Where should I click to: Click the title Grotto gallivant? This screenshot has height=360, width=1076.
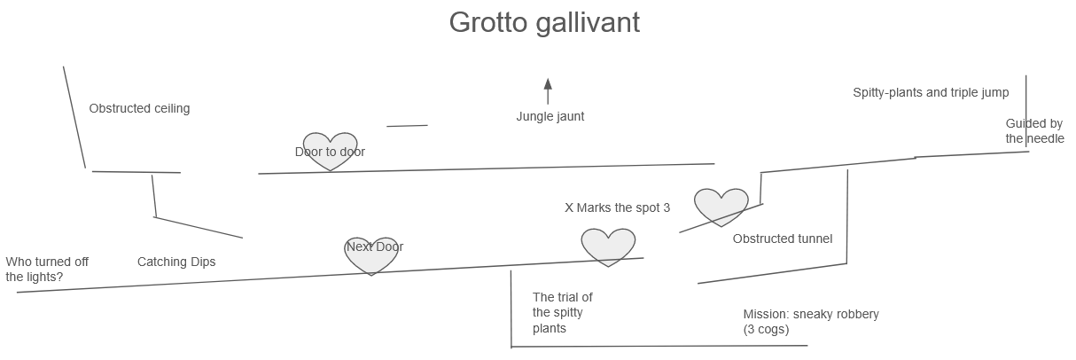click(544, 22)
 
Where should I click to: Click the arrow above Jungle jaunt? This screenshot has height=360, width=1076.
click(548, 91)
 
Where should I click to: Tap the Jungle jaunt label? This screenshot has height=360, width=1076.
click(550, 116)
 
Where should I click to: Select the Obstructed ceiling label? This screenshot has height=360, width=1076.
click(139, 109)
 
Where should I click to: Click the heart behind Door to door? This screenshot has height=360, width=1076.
click(330, 152)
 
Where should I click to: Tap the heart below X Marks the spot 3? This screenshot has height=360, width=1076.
click(608, 247)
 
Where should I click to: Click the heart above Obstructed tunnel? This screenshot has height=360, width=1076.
click(721, 206)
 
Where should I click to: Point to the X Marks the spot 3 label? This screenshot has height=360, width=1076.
click(617, 207)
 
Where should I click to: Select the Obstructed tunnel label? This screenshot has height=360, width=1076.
click(782, 239)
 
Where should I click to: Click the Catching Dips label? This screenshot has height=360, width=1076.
click(176, 262)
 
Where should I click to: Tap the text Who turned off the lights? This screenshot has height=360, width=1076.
click(47, 269)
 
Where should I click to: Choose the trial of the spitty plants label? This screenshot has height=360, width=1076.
click(562, 313)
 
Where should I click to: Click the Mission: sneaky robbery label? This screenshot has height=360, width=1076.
click(810, 314)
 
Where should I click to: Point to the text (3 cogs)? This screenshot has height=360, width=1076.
click(766, 330)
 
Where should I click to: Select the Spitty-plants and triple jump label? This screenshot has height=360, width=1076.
click(931, 92)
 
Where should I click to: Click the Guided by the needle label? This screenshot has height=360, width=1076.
click(1034, 131)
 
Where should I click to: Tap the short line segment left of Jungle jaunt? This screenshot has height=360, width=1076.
click(407, 126)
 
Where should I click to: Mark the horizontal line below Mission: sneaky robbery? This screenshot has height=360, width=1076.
click(659, 346)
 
